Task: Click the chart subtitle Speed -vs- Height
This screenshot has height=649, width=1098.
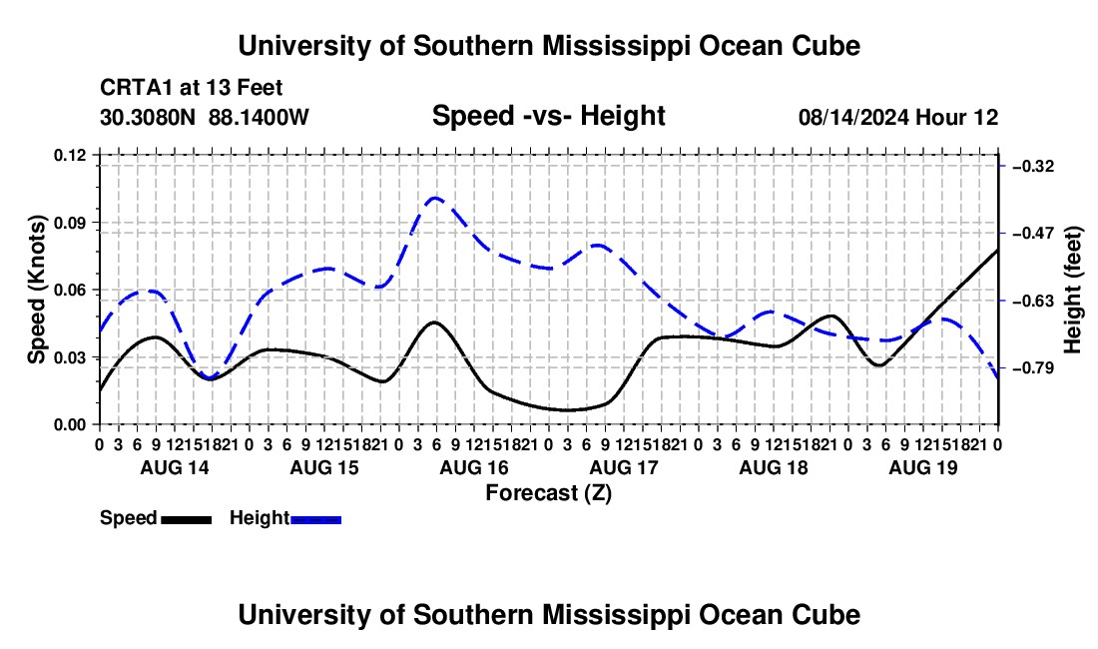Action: (x=548, y=116)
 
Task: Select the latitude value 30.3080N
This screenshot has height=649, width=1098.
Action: (x=148, y=117)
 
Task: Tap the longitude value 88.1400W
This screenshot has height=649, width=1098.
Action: (x=259, y=117)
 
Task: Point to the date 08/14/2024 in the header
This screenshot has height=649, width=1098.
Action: (x=853, y=117)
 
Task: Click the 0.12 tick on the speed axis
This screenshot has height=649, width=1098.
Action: (x=70, y=155)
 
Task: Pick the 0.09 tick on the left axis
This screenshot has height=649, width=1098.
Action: (x=70, y=223)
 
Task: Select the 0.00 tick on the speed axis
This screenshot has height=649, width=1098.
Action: (x=70, y=425)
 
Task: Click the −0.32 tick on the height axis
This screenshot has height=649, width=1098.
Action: (x=1033, y=166)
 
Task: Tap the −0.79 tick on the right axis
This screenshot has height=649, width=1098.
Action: (x=1033, y=367)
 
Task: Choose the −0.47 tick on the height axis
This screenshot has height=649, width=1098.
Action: (x=1033, y=233)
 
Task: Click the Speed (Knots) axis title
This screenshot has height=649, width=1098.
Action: (x=37, y=290)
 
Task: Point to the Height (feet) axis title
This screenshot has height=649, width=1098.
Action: (x=1073, y=290)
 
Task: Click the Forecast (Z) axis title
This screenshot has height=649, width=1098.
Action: (x=548, y=493)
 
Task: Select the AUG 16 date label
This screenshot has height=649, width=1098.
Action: (x=474, y=467)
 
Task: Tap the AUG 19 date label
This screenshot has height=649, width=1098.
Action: (x=923, y=467)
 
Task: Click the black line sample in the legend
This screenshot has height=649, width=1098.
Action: (x=187, y=519)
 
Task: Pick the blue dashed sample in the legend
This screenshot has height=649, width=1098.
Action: (x=315, y=519)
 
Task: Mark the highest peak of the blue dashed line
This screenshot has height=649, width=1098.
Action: (x=435, y=198)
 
